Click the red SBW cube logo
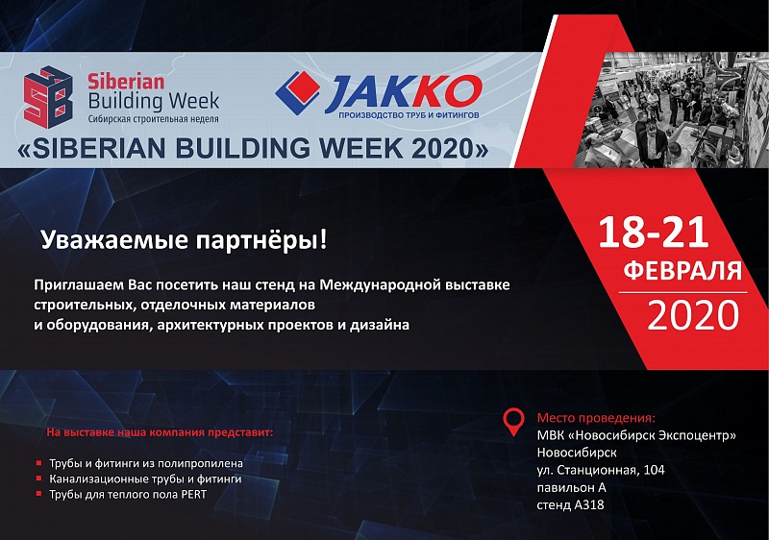click(x=48, y=97)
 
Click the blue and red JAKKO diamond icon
click(x=298, y=93)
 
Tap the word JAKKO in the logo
click(x=403, y=92)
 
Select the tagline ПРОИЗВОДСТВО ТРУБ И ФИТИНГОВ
click(x=409, y=115)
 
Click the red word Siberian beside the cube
click(x=126, y=82)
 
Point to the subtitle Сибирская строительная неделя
click(x=154, y=118)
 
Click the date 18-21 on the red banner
click(x=654, y=232)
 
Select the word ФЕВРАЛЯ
click(x=682, y=271)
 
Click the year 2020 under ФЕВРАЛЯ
click(x=693, y=315)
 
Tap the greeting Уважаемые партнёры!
click(x=184, y=240)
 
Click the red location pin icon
click(x=513, y=423)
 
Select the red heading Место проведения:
click(x=596, y=418)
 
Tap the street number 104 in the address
click(x=654, y=470)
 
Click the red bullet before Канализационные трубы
click(x=38, y=479)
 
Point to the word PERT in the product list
click(x=194, y=495)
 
